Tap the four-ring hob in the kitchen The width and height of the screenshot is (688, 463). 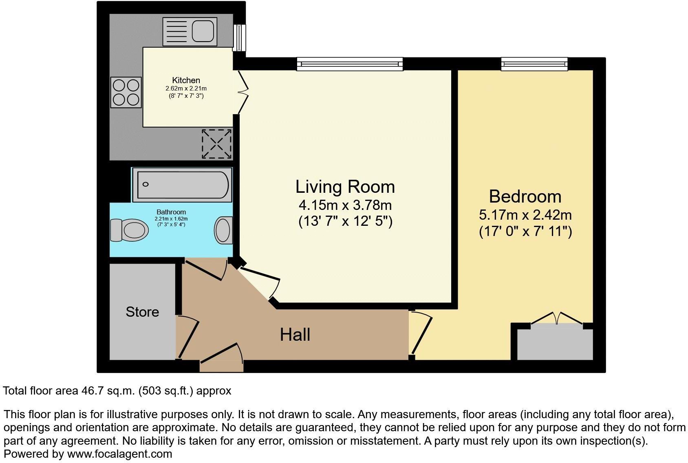point(126,92)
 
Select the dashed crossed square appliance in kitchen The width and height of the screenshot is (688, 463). point(217,144)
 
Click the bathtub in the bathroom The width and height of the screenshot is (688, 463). point(183,185)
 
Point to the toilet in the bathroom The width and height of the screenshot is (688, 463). point(130,230)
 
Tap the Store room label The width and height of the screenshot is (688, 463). point(142,312)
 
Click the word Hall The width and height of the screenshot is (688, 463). point(295,335)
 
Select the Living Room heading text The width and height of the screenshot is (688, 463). point(345,187)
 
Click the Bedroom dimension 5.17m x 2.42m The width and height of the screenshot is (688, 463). point(525,215)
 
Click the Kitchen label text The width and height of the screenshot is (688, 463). point(186,80)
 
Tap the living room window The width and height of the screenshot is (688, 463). point(350,64)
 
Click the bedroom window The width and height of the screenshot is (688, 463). point(534,64)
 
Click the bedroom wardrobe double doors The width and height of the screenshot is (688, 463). point(557,319)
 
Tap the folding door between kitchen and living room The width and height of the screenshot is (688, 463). point(243,92)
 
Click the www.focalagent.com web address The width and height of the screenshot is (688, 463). point(119,454)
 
